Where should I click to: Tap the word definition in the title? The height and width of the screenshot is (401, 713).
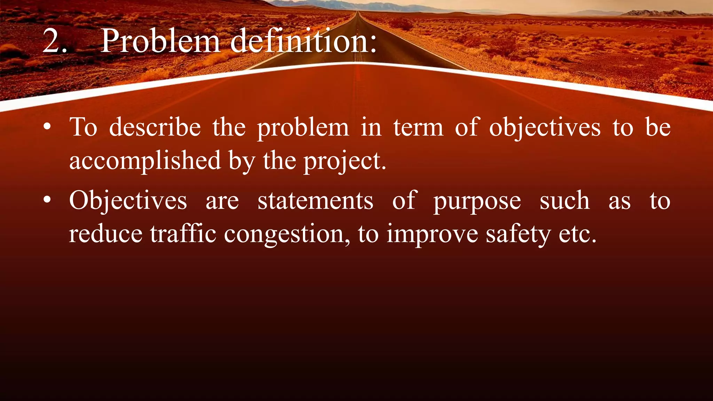point(303,41)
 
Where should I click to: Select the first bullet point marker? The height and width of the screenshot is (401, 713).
point(48,127)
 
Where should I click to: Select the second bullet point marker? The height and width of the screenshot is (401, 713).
point(48,200)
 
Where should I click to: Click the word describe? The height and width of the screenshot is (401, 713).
point(155,127)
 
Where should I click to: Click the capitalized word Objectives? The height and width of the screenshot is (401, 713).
point(128,201)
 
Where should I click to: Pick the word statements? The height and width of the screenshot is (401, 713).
point(315,201)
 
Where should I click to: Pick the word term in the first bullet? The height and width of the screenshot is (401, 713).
point(418,128)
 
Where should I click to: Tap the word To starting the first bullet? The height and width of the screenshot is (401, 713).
point(83,127)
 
